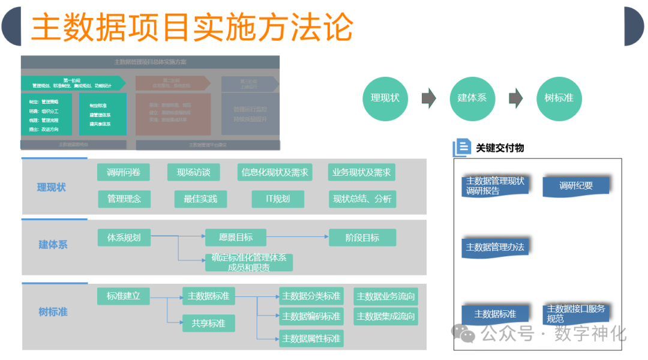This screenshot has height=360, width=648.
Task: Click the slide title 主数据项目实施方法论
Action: coord(192,27)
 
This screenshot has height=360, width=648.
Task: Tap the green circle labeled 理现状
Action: coord(385,97)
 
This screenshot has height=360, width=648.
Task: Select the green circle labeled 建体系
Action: coord(472,97)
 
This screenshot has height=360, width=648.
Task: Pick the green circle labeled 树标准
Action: coord(559,97)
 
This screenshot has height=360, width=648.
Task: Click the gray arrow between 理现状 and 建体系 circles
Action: coord(428,98)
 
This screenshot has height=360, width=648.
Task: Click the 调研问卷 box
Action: coord(124,173)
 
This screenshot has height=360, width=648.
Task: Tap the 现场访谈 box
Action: coord(193,173)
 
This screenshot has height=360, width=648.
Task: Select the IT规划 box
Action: coord(278,199)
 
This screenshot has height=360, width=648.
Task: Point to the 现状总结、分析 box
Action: coord(362,199)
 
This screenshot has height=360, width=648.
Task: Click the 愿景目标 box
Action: coord(236,238)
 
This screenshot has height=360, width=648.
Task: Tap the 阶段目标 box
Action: coord(362,238)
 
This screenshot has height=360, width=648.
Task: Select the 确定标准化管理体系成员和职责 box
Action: coord(248,262)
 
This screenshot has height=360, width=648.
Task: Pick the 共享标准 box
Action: coord(208,323)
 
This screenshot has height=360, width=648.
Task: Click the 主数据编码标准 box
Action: coord(311,316)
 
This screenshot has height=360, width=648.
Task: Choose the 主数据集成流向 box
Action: coord(385,316)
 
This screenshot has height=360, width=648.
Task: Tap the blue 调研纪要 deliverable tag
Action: coord(576,186)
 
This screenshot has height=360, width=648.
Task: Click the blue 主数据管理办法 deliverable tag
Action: coord(496,247)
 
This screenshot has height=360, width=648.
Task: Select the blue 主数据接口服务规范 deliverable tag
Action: coord(576,314)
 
